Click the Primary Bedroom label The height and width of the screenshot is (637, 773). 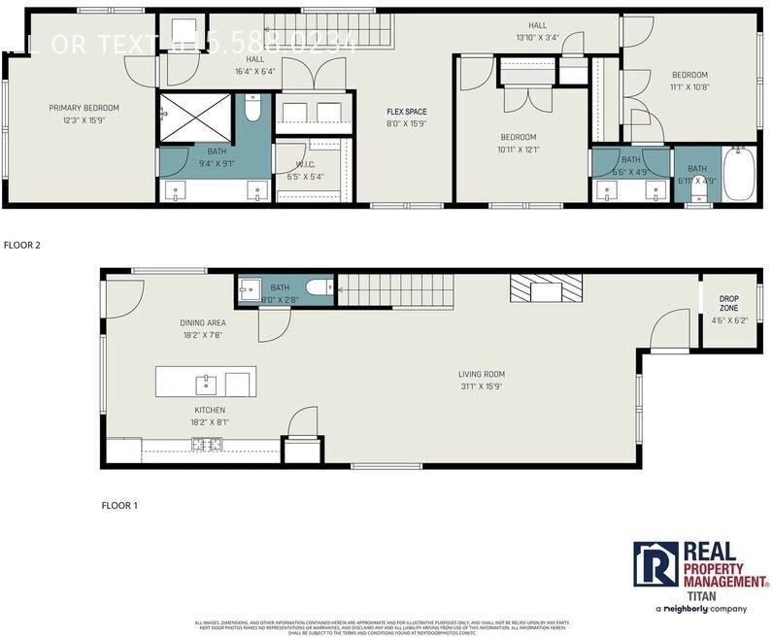click(x=84, y=108)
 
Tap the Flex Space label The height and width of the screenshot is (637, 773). click(x=407, y=112)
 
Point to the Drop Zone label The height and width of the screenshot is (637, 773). click(x=728, y=298)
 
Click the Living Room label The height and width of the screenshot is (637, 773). click(x=482, y=374)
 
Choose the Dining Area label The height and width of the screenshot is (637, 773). click(x=203, y=322)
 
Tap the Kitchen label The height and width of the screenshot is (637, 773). click(x=210, y=409)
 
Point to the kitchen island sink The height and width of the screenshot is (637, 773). click(x=207, y=381)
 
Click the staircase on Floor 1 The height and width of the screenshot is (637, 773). click(x=394, y=286)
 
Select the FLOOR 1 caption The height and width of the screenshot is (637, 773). click(x=120, y=506)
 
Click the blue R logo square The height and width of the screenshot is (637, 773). click(x=655, y=564)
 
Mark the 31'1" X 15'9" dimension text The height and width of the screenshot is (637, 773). click(x=482, y=386)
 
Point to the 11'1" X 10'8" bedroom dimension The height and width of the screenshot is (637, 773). click(x=689, y=86)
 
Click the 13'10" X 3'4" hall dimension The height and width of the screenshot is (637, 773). click(x=537, y=38)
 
